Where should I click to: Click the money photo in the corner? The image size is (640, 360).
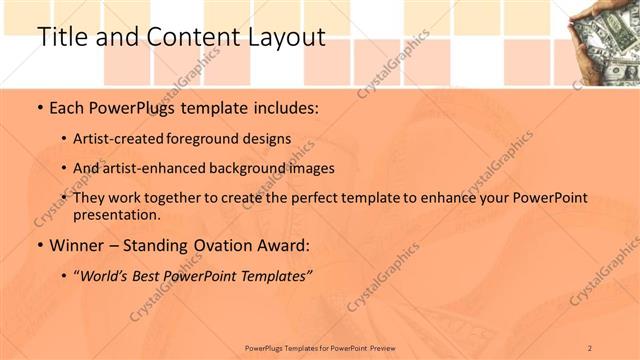pos(605,42)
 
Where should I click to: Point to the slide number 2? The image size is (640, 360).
pos(590,348)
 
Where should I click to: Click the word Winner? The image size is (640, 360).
pos(77,245)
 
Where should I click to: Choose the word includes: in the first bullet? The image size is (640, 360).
pos(284,107)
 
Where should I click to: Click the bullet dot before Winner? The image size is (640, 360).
pos(39,246)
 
